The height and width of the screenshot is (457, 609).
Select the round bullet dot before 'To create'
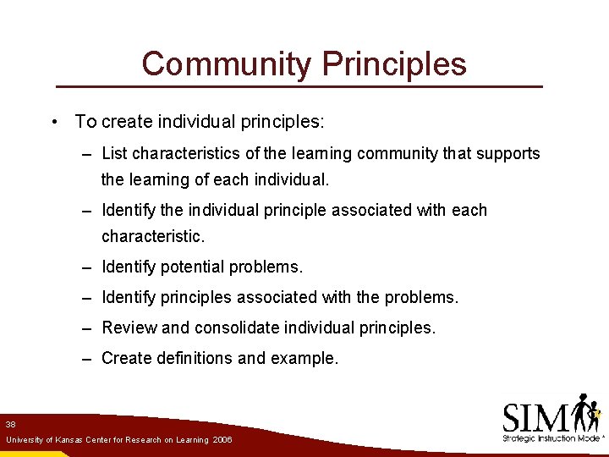[53, 122]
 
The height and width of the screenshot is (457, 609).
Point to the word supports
[507, 154]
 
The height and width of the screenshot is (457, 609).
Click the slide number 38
[10, 424]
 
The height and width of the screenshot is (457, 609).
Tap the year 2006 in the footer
[222, 440]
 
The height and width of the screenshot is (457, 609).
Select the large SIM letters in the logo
[535, 416]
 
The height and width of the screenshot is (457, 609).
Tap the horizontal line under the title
[299, 87]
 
